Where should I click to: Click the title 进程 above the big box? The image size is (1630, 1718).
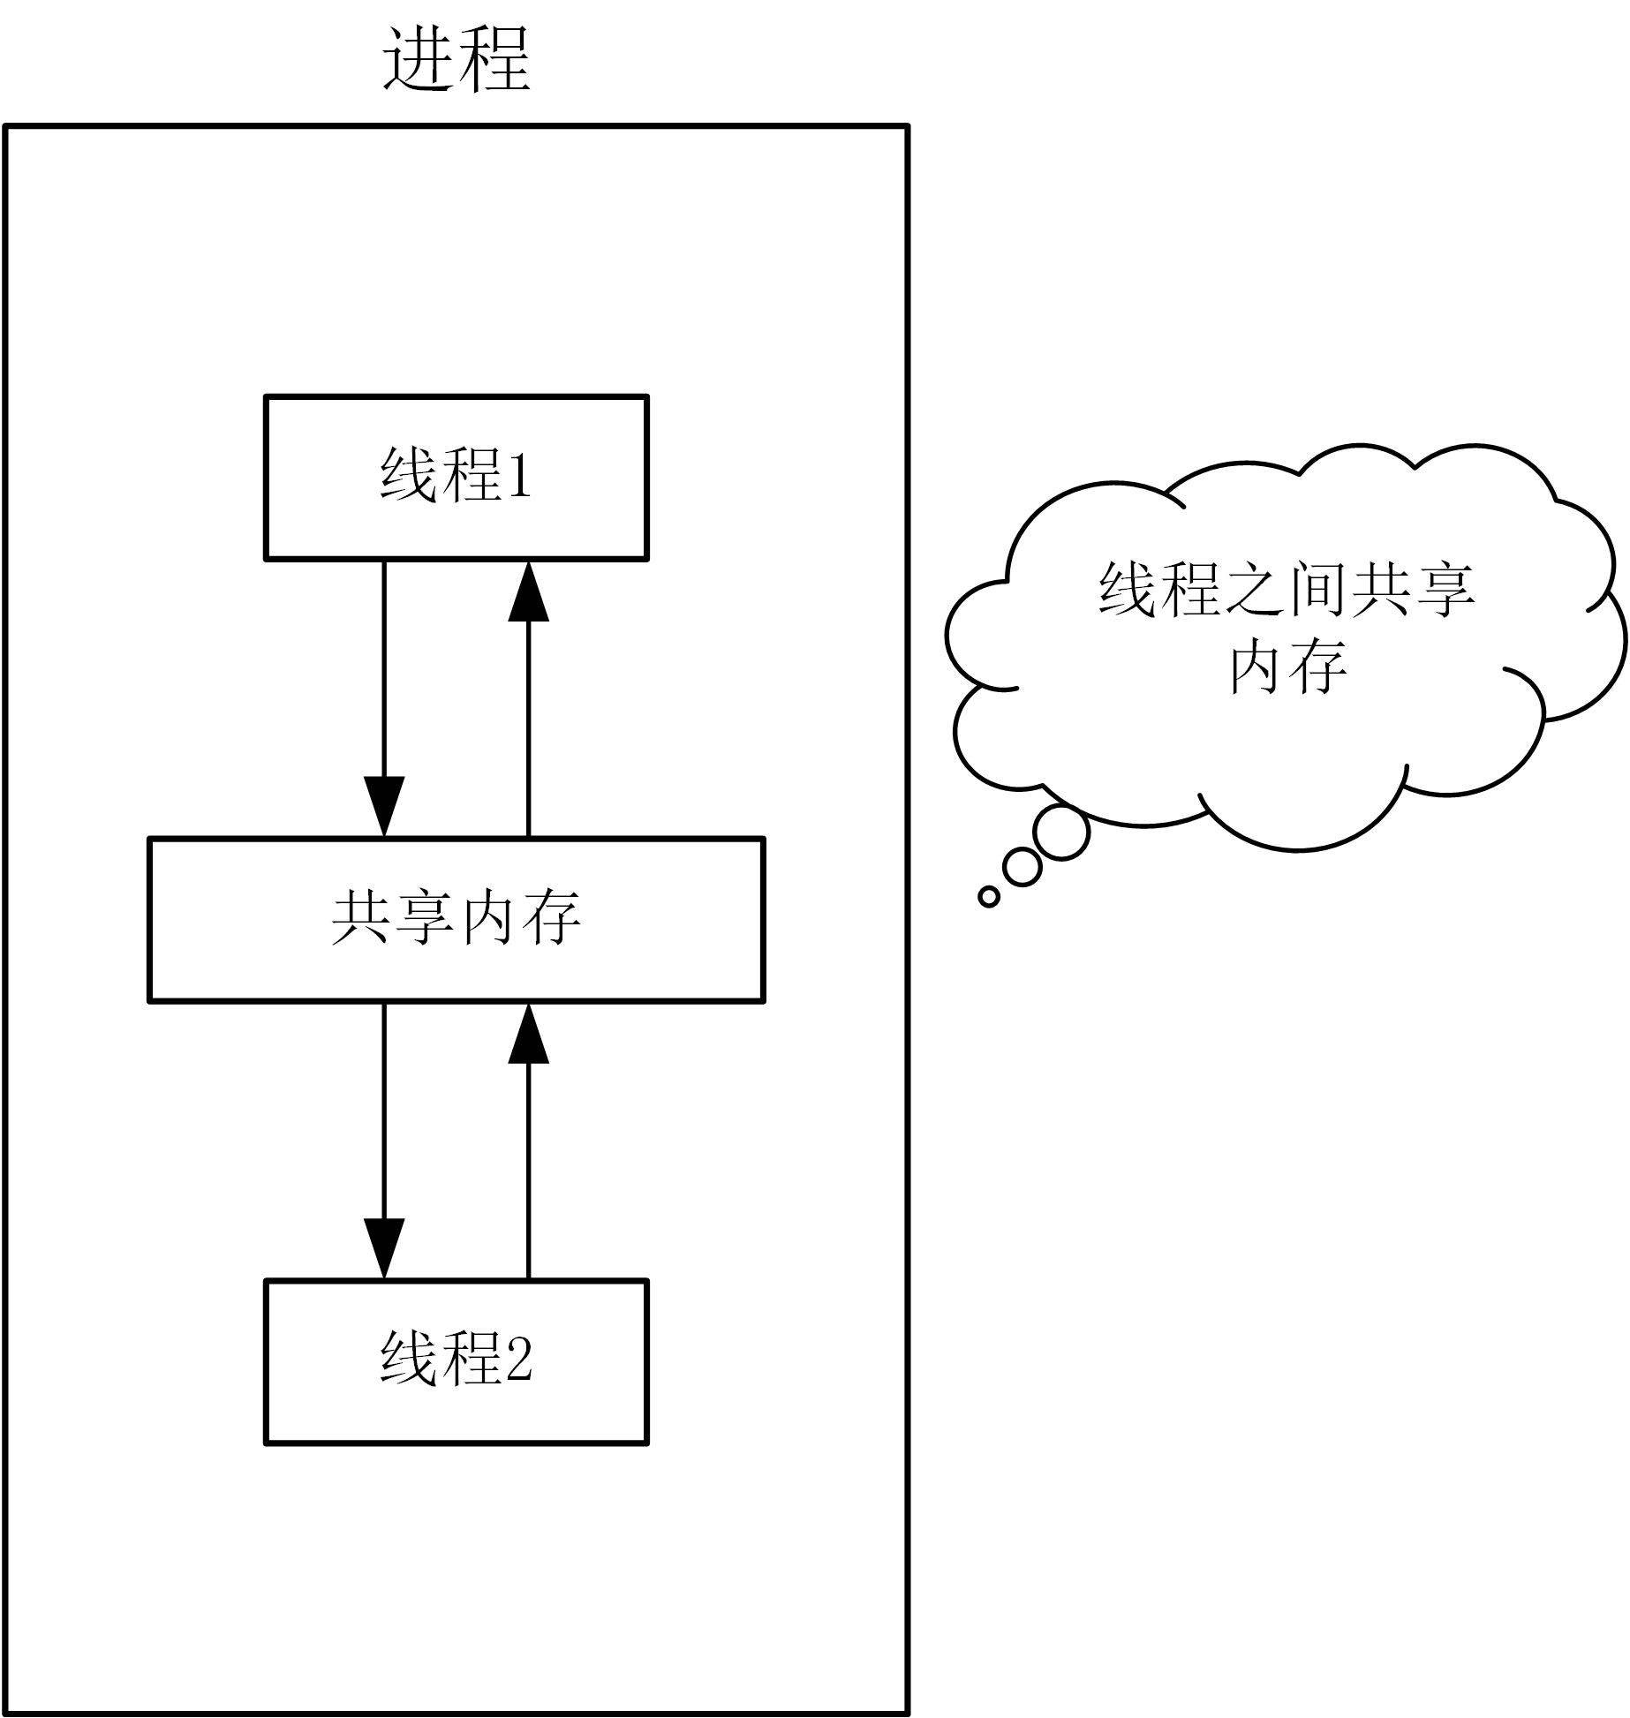[x=456, y=59]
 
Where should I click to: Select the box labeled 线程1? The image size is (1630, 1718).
[x=456, y=477]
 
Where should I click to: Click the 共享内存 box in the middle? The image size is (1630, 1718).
[x=456, y=919]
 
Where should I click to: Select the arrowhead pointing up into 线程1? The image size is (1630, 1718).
[x=528, y=591]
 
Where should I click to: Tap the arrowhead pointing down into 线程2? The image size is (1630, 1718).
[x=384, y=1247]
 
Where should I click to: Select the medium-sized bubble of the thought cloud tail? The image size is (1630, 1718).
[x=1023, y=867]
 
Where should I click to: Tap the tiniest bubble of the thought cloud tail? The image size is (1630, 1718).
[x=989, y=897]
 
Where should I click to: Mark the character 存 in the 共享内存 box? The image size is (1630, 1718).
[x=552, y=918]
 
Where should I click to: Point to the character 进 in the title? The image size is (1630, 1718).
[x=418, y=59]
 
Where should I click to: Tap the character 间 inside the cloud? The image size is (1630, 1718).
[x=1317, y=589]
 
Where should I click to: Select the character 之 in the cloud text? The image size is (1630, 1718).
[x=1254, y=589]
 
